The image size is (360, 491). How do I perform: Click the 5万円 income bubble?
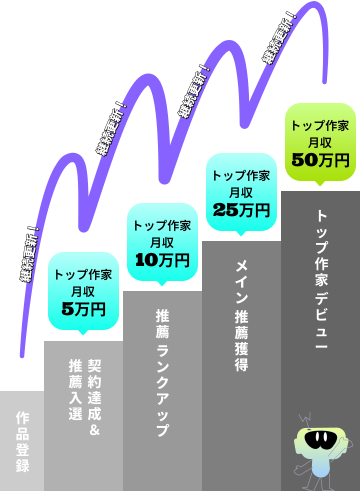point(83,290)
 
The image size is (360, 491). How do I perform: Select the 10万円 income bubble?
point(162,242)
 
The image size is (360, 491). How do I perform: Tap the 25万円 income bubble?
point(241,192)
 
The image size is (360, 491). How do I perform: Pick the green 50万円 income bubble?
point(320,142)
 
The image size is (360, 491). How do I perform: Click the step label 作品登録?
point(22,441)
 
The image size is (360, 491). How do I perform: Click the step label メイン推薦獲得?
point(241,315)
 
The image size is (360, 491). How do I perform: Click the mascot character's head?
point(319,440)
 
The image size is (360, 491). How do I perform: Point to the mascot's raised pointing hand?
point(343,441)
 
